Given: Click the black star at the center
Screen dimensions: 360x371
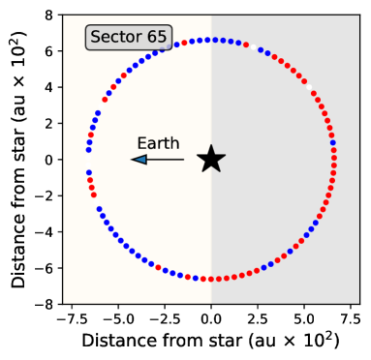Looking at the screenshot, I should pyautogui.click(x=211, y=160).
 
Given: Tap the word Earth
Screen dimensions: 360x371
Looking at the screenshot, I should pyautogui.click(x=158, y=143).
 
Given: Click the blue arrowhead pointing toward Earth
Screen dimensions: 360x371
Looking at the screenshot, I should pyautogui.click(x=139, y=160).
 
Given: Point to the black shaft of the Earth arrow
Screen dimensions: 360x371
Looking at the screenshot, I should pyautogui.click(x=166, y=160).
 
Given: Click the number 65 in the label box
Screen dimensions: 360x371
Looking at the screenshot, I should pyautogui.click(x=156, y=38).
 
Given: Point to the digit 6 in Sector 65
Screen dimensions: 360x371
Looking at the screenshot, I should pyautogui.click(x=150, y=38).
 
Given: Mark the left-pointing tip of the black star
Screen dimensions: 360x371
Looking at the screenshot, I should pyautogui.click(x=198, y=156).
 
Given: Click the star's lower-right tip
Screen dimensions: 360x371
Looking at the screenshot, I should pyautogui.click(x=220, y=171).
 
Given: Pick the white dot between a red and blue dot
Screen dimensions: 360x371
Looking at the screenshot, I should pyautogui.click(x=253, y=47).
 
